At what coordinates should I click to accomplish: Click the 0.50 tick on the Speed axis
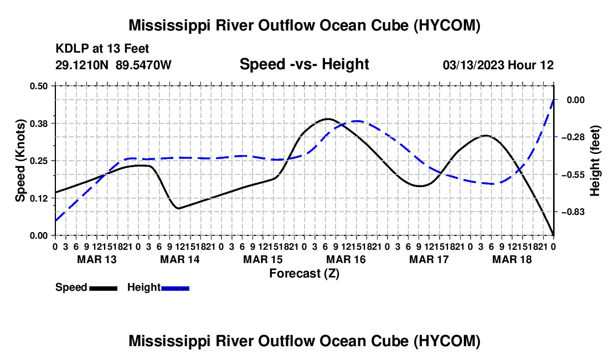point(38,86)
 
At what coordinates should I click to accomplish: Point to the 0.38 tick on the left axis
point(38,124)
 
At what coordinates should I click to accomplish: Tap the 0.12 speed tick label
point(38,198)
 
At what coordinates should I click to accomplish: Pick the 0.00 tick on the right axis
point(576,100)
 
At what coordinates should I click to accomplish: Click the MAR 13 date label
point(97,259)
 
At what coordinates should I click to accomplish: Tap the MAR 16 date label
point(345,259)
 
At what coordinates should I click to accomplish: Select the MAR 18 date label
point(512,259)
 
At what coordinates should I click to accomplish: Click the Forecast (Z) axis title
point(304,274)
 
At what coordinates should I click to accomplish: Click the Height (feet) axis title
point(595,161)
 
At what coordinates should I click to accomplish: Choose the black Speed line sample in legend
point(104,289)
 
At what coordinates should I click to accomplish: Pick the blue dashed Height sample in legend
point(175,289)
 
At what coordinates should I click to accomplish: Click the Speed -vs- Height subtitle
point(304,64)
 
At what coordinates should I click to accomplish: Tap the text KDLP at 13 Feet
point(102,49)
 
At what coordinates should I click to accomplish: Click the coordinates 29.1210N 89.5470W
point(113,65)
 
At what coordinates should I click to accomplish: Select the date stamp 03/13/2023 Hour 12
point(498,65)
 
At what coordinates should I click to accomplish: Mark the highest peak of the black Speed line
point(328,119)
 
